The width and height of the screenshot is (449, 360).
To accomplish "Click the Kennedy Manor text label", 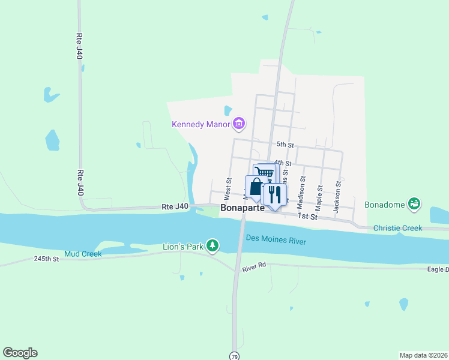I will [201, 125].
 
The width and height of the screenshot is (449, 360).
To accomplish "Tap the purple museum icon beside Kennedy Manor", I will [239, 124].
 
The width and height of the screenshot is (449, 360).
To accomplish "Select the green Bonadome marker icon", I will [414, 204].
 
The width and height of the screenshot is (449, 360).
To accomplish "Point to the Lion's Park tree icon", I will [212, 245].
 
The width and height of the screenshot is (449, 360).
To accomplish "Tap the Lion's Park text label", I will [183, 246].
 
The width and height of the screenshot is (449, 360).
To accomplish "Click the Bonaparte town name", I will [243, 208].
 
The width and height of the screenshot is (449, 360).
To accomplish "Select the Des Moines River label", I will [276, 241].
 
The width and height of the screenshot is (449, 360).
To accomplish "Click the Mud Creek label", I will [83, 254].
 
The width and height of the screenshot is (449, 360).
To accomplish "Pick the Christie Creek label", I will [397, 228].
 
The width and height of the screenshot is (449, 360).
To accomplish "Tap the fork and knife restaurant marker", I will [274, 194].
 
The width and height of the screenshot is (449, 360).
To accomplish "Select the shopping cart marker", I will [265, 173].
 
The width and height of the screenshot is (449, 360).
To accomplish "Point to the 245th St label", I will [46, 259].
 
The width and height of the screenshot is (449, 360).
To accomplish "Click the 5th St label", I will [285, 145].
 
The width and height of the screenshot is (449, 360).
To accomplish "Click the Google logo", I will [20, 353].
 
